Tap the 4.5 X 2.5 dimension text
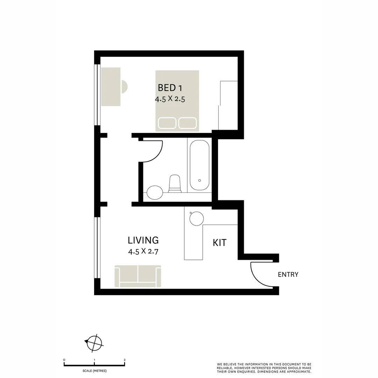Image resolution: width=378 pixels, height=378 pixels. pyautogui.click(x=170, y=99)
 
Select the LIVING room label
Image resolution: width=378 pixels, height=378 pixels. pyautogui.click(x=143, y=240)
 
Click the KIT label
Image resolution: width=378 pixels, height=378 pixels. pyautogui.click(x=219, y=243)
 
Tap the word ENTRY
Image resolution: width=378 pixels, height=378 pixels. pyautogui.click(x=288, y=275)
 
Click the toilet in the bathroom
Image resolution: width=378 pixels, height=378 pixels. pyautogui.click(x=175, y=184)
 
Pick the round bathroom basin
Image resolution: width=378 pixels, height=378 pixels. pyautogui.click(x=155, y=192)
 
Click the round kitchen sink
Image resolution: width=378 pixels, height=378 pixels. pyautogui.click(x=196, y=219)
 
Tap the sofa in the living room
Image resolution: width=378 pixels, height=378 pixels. pyautogui.click(x=138, y=276)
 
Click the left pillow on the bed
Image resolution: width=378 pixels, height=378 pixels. pyautogui.click(x=167, y=123)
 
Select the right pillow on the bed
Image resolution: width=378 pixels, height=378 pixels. pyautogui.click(x=187, y=123)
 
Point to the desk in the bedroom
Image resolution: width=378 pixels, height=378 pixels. pyautogui.click(x=111, y=86)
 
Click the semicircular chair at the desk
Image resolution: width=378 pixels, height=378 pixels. pyautogui.click(x=124, y=86)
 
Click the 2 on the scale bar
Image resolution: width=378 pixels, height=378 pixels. pyautogui.click(x=125, y=360)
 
